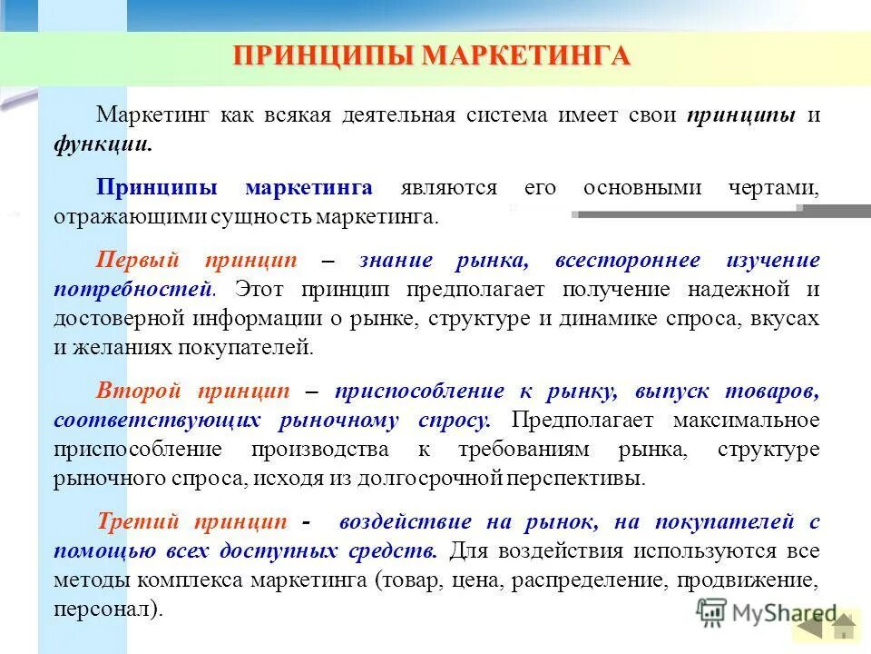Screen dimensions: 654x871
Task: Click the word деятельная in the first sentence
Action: [x=396, y=116]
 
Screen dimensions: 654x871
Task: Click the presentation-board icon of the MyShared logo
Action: [x=711, y=612]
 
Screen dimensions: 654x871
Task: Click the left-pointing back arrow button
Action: [x=809, y=626]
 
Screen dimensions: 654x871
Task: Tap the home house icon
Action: [x=844, y=626]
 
